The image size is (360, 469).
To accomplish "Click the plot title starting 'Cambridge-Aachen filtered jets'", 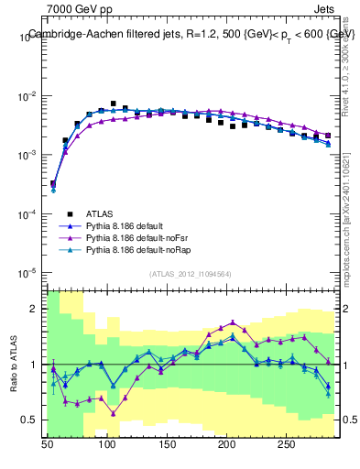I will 191,34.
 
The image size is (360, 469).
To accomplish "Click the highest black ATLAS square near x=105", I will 114,104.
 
